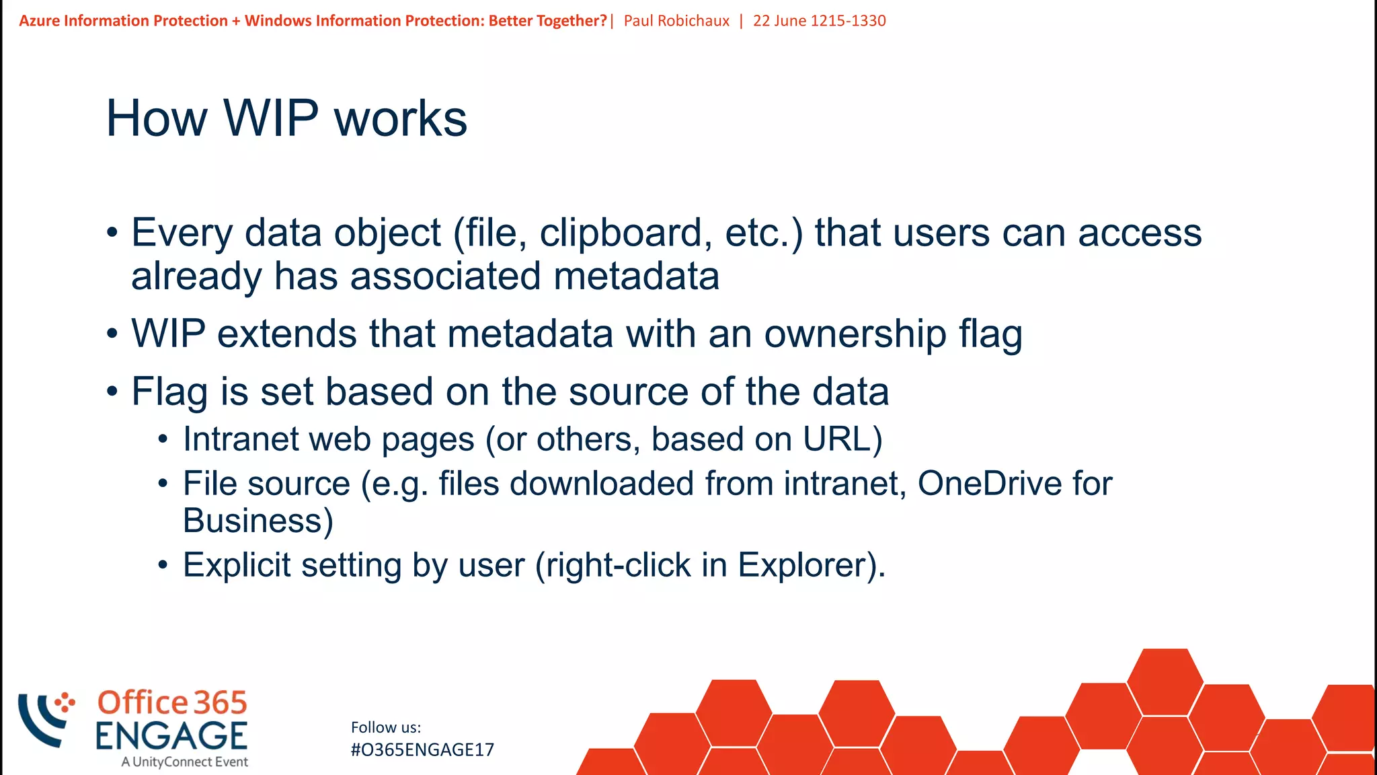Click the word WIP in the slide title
(270, 118)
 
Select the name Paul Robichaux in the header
(676, 21)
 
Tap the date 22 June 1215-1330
(819, 21)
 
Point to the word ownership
(855, 334)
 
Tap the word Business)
(258, 521)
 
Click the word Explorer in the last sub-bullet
(803, 565)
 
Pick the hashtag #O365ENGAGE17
(422, 750)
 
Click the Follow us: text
(386, 727)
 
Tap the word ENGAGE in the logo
(171, 736)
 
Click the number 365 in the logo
(221, 703)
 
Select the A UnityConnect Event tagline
(185, 762)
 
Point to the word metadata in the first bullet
(636, 276)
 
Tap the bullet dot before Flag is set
(112, 392)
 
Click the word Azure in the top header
(39, 21)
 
